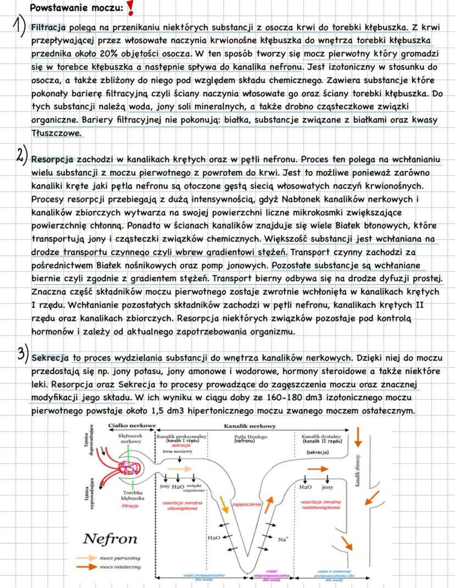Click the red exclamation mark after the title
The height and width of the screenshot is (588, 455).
[130, 8]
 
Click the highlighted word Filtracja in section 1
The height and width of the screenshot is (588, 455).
[49, 27]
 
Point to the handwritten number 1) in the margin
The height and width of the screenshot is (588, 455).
[19, 30]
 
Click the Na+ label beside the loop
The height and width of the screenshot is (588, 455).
[284, 539]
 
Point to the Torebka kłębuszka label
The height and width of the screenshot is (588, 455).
[134, 495]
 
